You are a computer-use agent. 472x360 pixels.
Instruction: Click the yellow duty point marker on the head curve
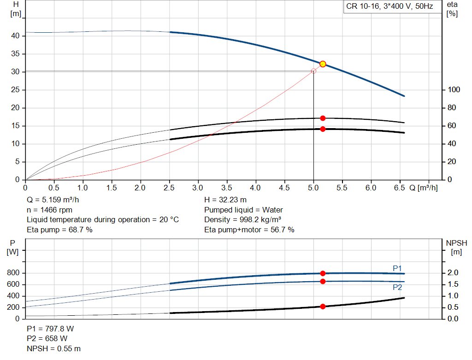pos(323,64)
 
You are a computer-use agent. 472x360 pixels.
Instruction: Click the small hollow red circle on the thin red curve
pos(314,71)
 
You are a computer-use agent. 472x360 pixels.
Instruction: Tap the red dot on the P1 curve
pos(323,273)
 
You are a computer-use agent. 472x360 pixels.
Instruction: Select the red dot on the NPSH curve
pos(323,307)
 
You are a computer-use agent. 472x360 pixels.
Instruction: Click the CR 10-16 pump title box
pos(389,7)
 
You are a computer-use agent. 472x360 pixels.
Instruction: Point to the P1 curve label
pos(397,268)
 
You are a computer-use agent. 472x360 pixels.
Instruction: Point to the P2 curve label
pos(397,287)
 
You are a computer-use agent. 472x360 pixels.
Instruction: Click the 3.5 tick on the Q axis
pos(227,188)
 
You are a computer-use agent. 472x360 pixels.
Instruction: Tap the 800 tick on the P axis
pos(13,273)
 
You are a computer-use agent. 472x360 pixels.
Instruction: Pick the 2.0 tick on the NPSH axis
pos(454,273)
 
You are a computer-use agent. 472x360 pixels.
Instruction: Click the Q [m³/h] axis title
pos(423,188)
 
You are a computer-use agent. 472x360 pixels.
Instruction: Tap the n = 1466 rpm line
pos(49,210)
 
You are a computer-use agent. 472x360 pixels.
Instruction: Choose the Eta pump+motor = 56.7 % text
pos(249,230)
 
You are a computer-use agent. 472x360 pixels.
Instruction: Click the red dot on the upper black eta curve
pos(323,118)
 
